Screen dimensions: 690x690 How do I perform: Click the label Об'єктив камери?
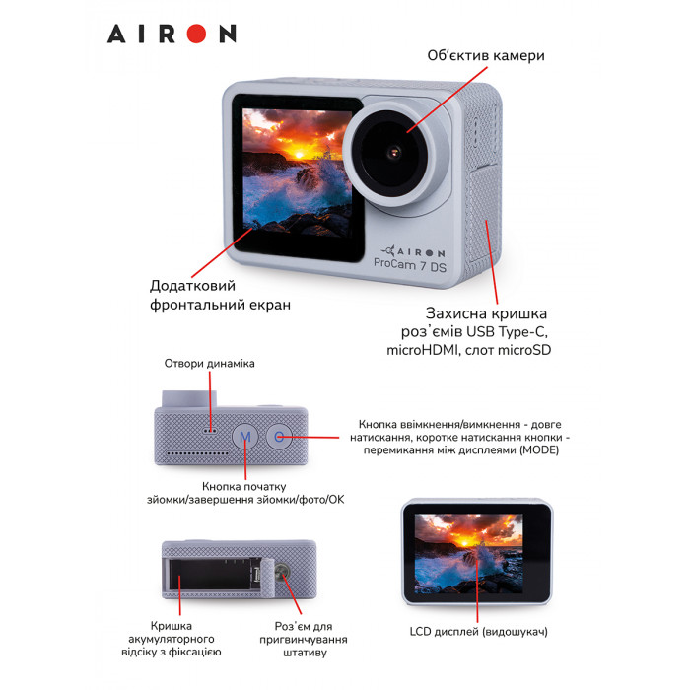pyautogui.click(x=485, y=55)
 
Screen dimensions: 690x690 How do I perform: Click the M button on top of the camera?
pyautogui.click(x=246, y=435)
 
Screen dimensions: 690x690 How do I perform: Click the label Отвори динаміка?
pyautogui.click(x=210, y=364)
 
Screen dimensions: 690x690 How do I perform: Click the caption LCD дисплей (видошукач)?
pyautogui.click(x=477, y=631)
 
